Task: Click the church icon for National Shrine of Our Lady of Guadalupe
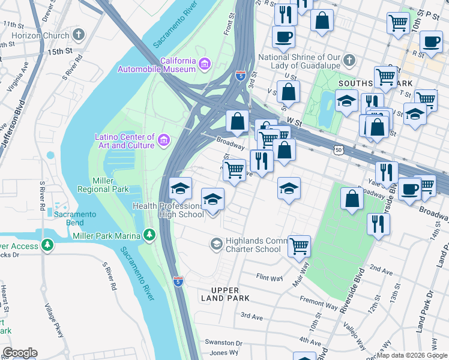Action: (349, 61)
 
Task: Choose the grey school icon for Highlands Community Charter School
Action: (216, 244)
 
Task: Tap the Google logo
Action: (19, 353)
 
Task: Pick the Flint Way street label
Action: (269, 278)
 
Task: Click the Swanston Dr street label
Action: (223, 343)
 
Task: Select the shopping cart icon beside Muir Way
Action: (299, 245)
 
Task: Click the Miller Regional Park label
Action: (103, 185)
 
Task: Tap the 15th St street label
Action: (60, 52)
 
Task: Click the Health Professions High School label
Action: (168, 211)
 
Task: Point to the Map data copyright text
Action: (412, 355)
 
